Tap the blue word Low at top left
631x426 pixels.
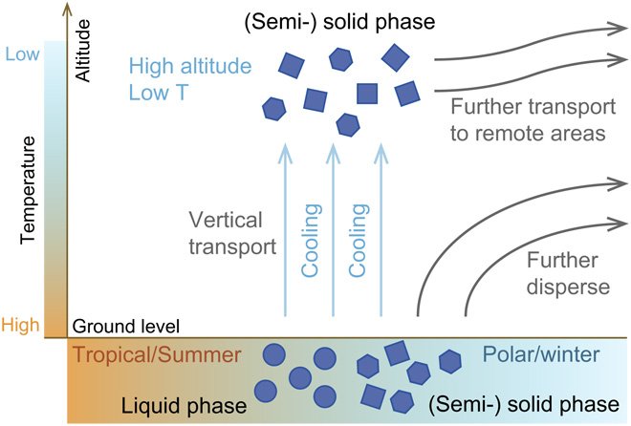(22, 55)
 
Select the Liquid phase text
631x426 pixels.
(182, 405)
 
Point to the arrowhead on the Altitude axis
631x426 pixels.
(64, 9)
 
